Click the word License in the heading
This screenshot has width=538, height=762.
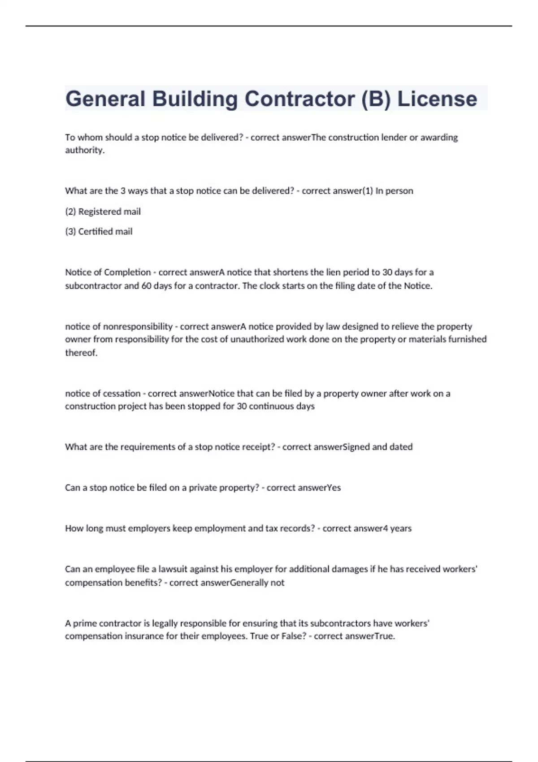pos(437,99)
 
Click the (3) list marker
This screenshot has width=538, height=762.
pos(70,232)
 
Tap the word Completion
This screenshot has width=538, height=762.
pos(127,273)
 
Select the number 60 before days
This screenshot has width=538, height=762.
pos(146,286)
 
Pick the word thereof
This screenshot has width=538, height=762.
pos(81,353)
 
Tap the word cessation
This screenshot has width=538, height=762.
pos(121,394)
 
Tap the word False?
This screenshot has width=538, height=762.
pos(294,636)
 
